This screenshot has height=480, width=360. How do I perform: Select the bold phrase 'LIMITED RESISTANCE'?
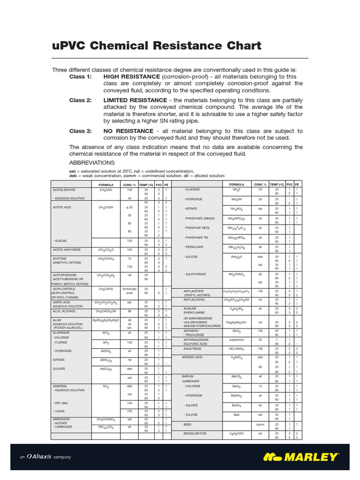[x=135, y=100]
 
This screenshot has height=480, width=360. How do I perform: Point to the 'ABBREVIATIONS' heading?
[x=92, y=163]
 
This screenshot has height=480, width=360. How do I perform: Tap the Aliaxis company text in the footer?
[x=45, y=457]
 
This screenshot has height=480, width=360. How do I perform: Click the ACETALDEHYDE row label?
[x=64, y=189]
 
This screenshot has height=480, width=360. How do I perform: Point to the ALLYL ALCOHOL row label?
[x=64, y=311]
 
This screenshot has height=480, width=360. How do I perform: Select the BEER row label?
[x=187, y=424]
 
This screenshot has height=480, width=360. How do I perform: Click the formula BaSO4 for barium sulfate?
[x=236, y=405]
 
